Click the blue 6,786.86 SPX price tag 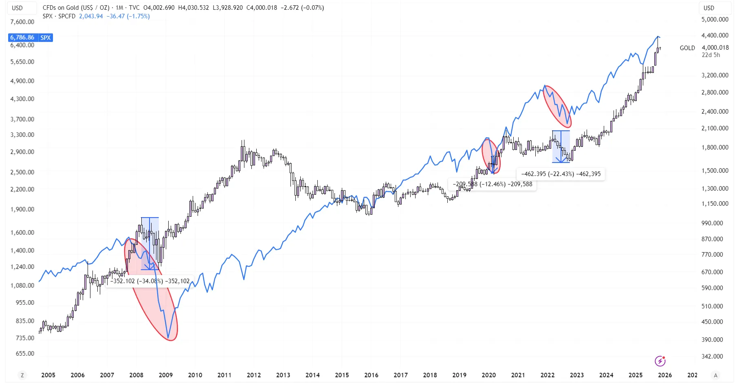[30, 37]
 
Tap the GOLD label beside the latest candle [687, 48]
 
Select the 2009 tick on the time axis [165, 375]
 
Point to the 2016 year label [371, 375]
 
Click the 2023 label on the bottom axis [576, 375]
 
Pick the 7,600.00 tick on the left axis [22, 22]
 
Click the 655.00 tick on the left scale [25, 354]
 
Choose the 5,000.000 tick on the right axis [715, 20]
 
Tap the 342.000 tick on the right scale [712, 356]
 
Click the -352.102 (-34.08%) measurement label [150, 281]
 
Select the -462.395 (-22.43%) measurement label [561, 174]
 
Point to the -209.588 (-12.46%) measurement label [492, 184]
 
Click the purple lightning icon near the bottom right [660, 361]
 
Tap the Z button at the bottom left [22, 375]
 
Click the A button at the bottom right [715, 375]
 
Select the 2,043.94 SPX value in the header [91, 16]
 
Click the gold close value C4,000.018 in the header [262, 8]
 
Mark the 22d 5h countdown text [710, 55]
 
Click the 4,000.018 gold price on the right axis [715, 48]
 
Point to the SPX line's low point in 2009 [168, 338]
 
